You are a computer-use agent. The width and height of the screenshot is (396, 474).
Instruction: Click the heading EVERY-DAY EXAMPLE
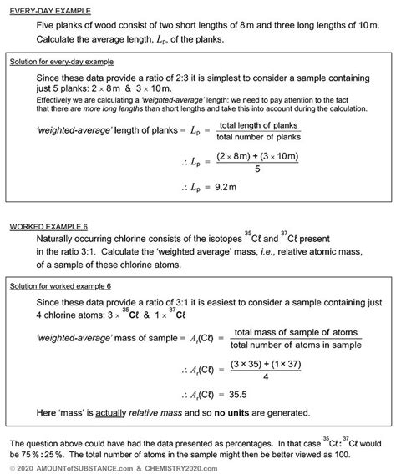(48, 10)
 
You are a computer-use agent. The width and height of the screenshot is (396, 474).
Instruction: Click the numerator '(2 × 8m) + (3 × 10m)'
(256, 156)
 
